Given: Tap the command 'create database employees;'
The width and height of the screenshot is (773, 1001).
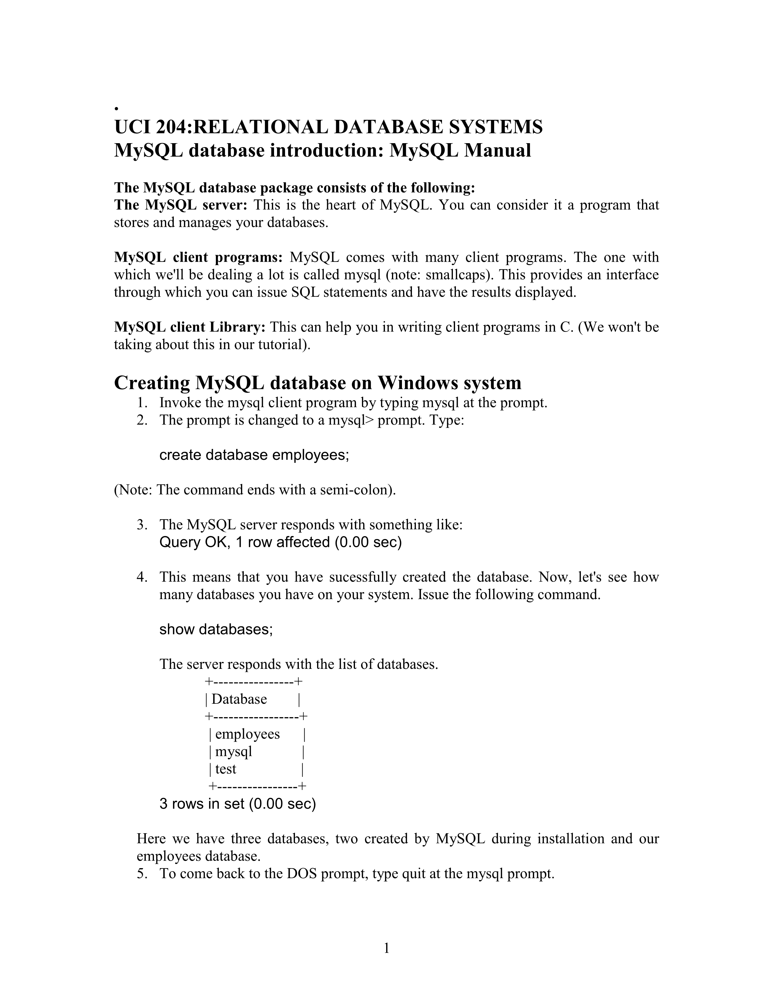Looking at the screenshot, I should (x=254, y=455).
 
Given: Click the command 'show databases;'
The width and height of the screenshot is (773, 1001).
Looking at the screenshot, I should (x=216, y=629).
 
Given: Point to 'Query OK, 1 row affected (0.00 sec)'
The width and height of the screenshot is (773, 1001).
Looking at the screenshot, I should (x=280, y=542).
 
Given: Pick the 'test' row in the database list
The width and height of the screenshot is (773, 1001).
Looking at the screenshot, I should (x=226, y=769).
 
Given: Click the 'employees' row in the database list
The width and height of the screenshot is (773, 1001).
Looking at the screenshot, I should (x=247, y=734).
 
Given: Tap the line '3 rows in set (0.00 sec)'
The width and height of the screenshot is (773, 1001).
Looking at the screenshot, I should (x=238, y=804).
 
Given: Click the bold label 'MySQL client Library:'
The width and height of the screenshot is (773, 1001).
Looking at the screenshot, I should (x=189, y=327).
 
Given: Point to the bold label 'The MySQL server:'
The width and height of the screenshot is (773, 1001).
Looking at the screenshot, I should (x=180, y=205).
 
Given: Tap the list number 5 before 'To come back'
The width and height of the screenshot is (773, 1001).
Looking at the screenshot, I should (x=142, y=874).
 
